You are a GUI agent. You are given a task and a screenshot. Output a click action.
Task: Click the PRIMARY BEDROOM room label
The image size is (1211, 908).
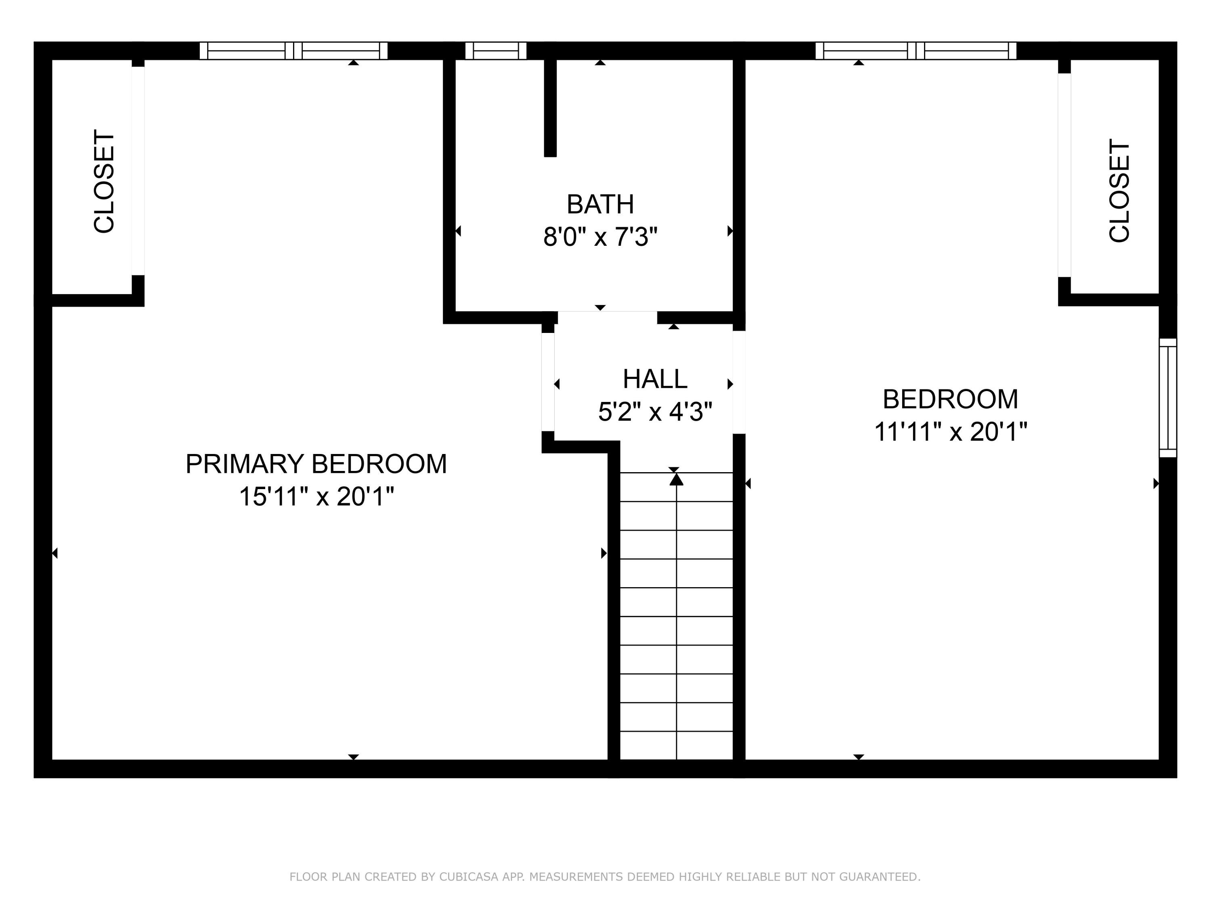pyautogui.click(x=316, y=464)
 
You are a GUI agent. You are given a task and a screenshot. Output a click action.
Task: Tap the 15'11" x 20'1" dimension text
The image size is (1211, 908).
pyautogui.click(x=316, y=497)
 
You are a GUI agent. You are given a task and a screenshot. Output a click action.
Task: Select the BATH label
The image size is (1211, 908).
pyautogui.click(x=600, y=205)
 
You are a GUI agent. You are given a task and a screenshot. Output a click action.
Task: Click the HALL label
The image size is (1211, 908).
pyautogui.click(x=655, y=379)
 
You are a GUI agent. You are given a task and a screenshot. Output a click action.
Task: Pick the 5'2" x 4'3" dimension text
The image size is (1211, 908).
pyautogui.click(x=655, y=412)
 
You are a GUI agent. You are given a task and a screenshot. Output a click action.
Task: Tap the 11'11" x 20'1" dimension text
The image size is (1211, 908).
pyautogui.click(x=950, y=432)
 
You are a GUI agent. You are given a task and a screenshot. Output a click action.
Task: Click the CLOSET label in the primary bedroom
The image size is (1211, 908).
pyautogui.click(x=104, y=181)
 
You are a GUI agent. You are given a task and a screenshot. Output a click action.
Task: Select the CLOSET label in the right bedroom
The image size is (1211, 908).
pyautogui.click(x=1119, y=190)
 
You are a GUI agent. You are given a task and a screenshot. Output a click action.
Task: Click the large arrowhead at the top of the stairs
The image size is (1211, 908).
pyautogui.click(x=677, y=479)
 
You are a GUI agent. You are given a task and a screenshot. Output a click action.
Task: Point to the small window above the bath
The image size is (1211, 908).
pyautogui.click(x=495, y=51)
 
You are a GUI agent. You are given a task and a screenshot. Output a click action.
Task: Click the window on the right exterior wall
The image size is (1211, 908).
pyautogui.click(x=1168, y=398)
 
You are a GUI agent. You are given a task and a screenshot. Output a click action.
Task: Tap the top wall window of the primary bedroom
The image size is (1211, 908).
pyautogui.click(x=293, y=51)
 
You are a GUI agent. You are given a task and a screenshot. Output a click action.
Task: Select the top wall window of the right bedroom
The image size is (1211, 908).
pyautogui.click(x=916, y=51)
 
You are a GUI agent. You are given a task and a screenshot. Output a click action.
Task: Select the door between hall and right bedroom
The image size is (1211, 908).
pyautogui.click(x=739, y=382)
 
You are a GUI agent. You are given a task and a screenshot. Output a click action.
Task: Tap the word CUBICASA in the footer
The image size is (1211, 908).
pyautogui.click(x=469, y=877)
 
